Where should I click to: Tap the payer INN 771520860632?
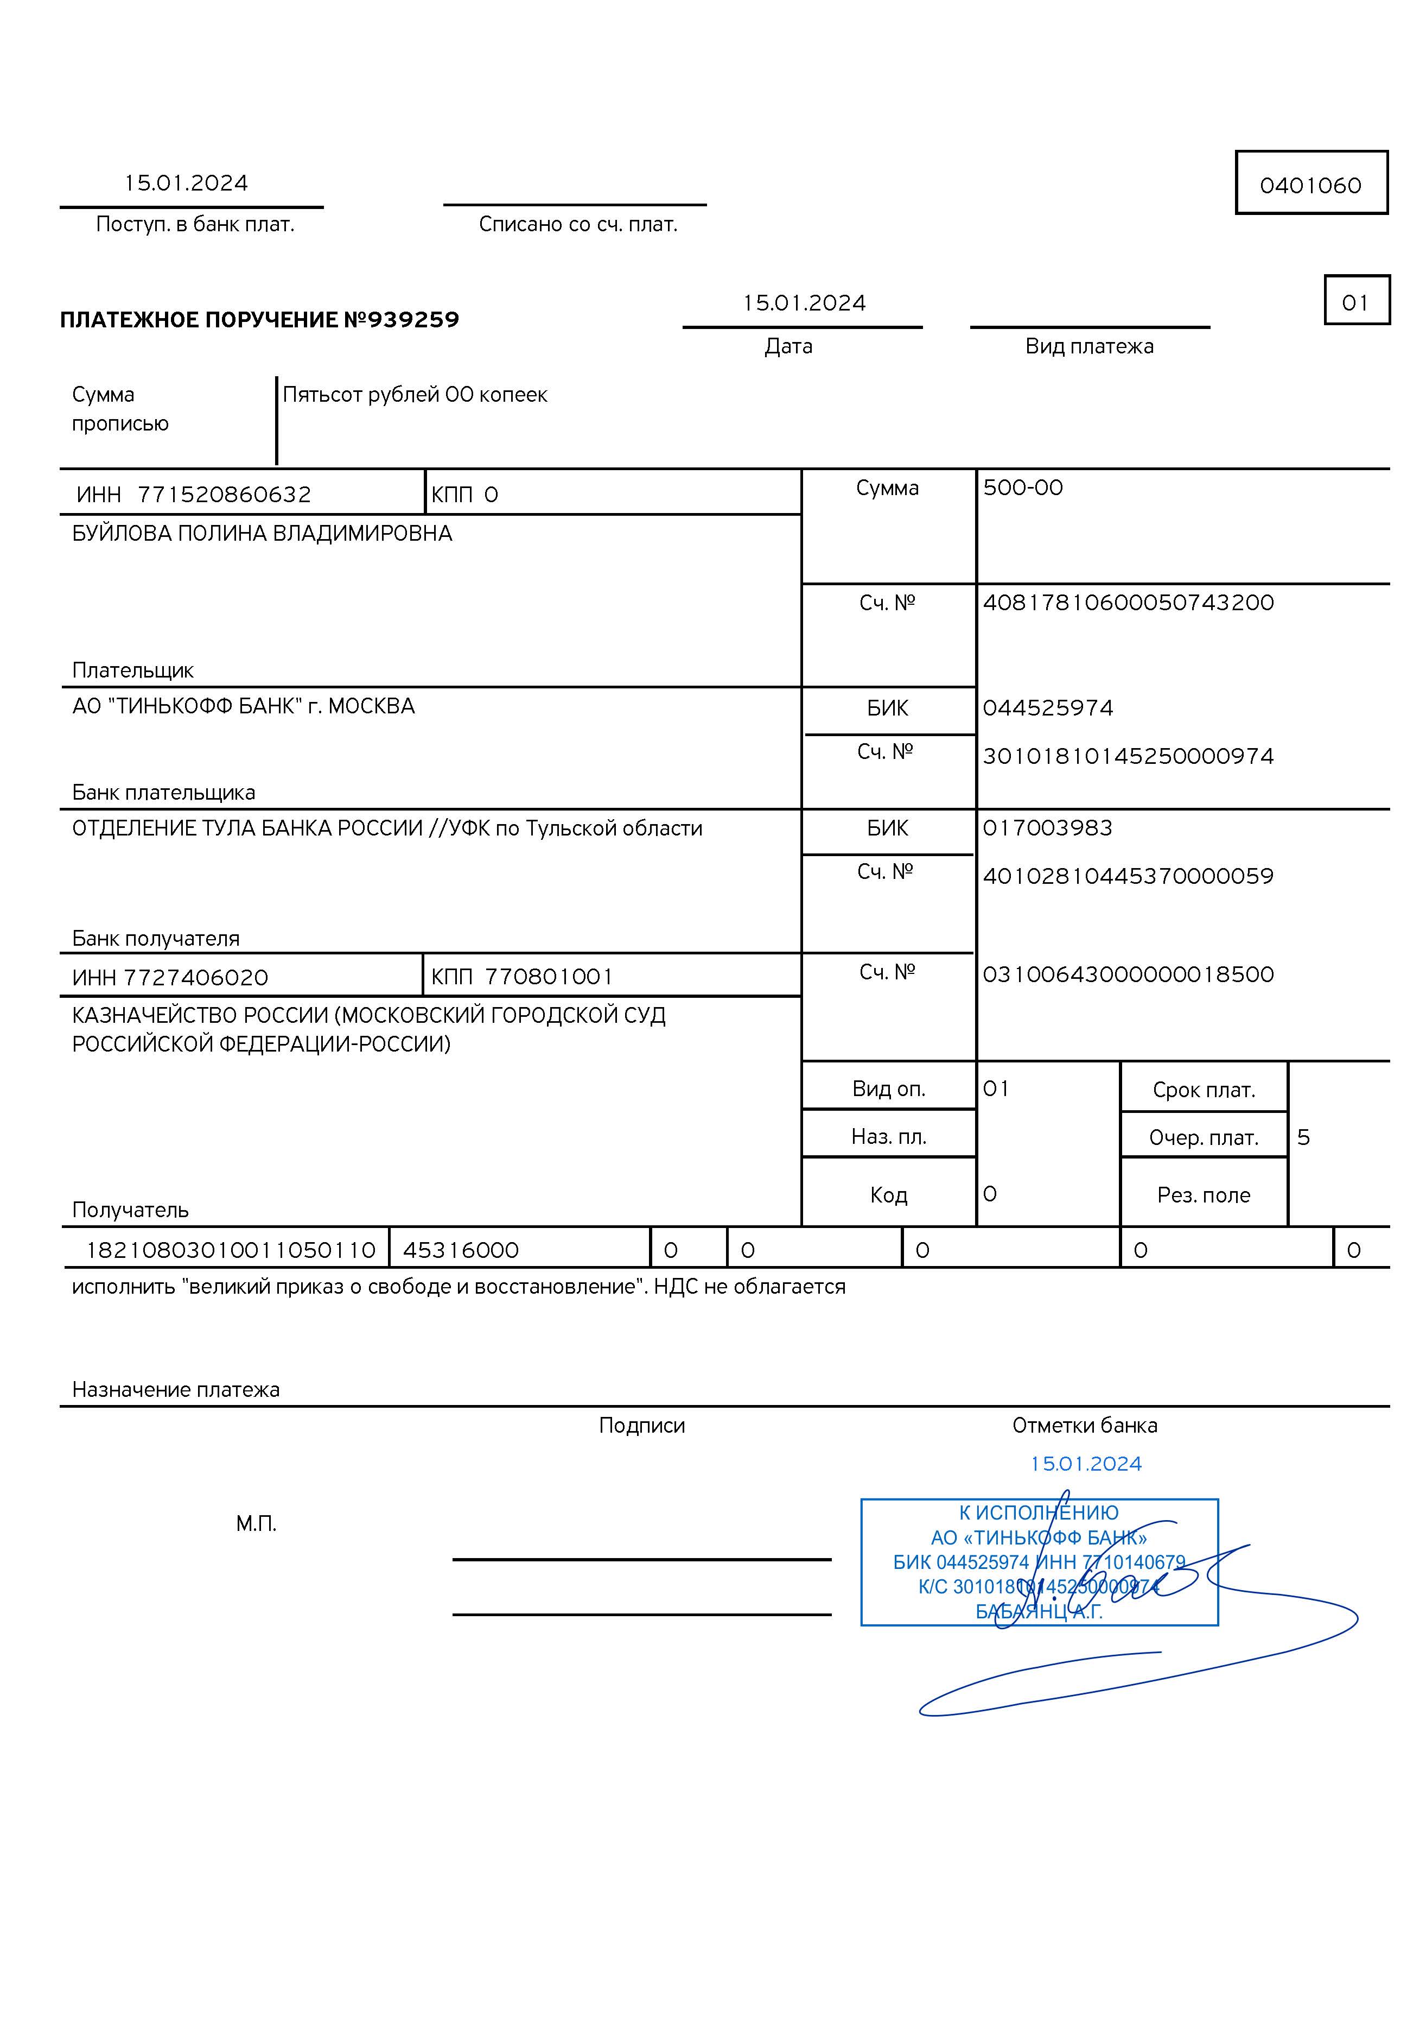(224, 494)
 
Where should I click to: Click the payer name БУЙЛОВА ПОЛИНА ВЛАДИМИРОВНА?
(262, 534)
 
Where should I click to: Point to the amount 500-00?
(1022, 488)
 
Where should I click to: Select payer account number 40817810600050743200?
(1128, 603)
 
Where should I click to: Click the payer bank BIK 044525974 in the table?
(1048, 708)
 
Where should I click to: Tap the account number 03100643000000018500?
(1128, 974)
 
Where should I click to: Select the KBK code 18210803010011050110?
(231, 1250)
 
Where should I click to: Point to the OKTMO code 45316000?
(461, 1250)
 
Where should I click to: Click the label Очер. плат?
(1204, 1138)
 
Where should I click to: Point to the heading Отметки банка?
(1084, 1426)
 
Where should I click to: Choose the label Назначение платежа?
(176, 1389)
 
